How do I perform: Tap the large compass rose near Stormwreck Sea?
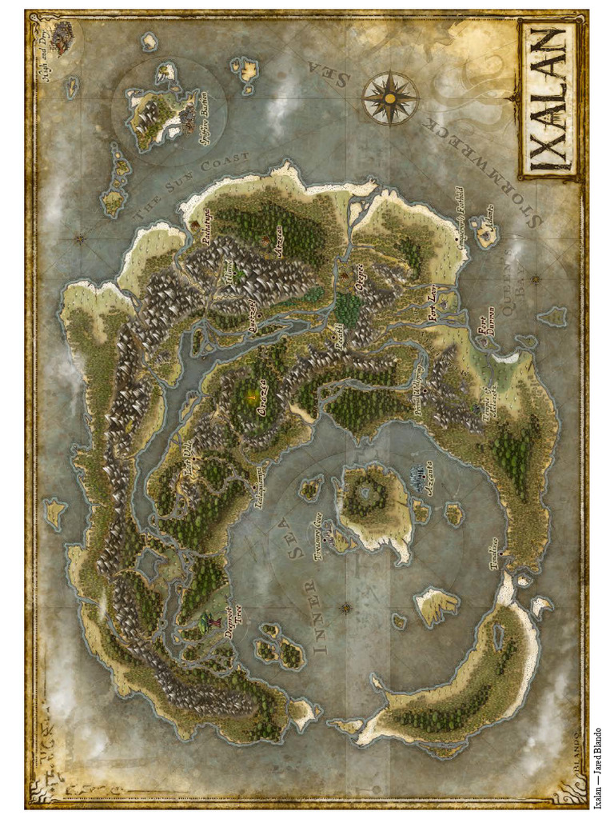click(x=389, y=98)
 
